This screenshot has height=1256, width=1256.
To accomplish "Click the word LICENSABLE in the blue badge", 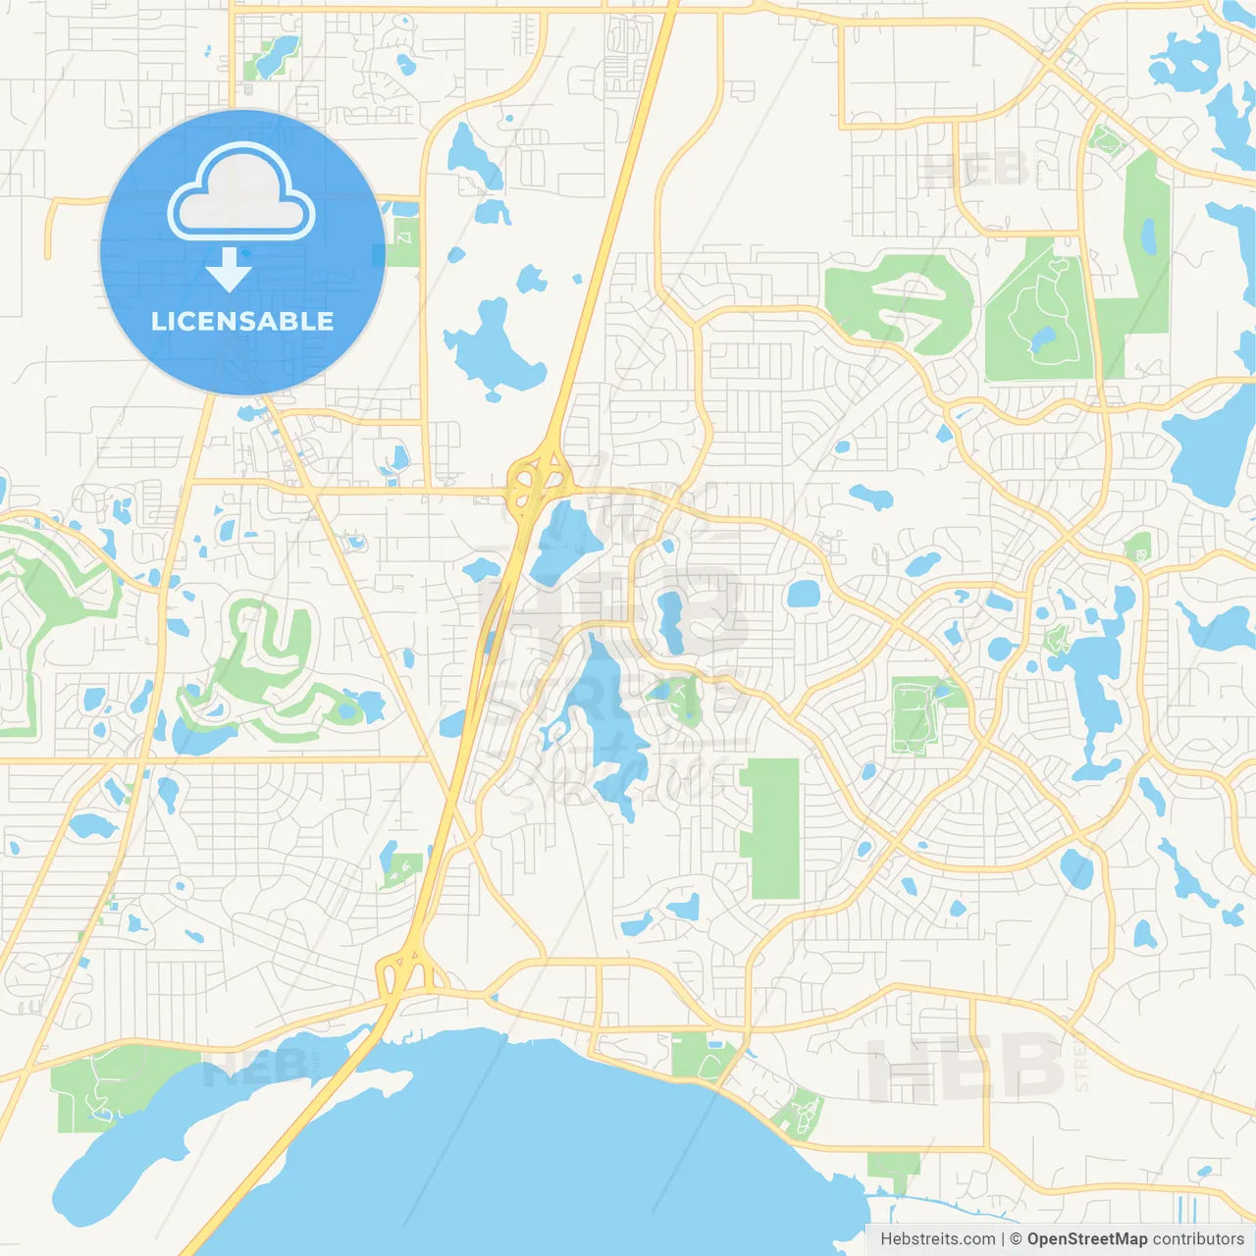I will coord(242,321).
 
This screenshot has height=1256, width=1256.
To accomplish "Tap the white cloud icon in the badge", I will coord(241,194).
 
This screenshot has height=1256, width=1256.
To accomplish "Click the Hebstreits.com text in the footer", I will coord(937,1239).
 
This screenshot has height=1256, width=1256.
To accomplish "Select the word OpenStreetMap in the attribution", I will coord(1087,1239).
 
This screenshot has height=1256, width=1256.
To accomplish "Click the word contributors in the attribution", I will coord(1198,1239).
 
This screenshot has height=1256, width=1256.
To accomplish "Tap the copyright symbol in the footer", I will coord(1016,1239).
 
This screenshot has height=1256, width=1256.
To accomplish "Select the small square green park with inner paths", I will coord(916,715).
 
